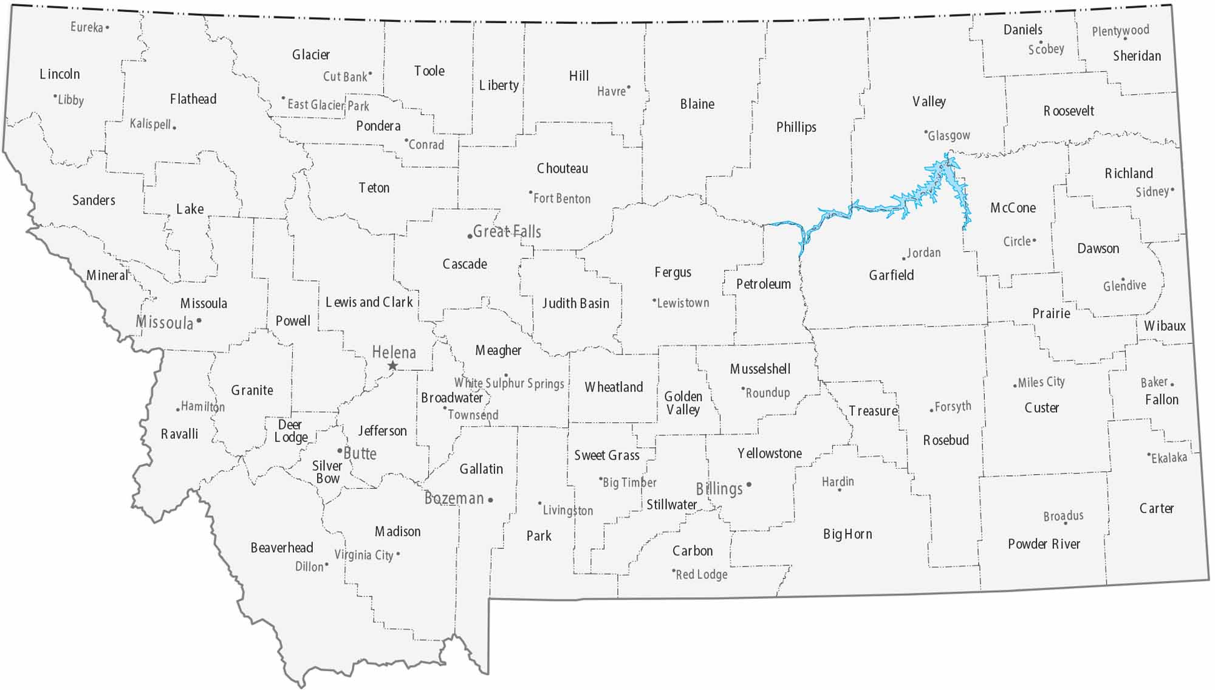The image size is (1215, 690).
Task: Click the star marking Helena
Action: point(392,365)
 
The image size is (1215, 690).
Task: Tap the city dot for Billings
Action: point(749,485)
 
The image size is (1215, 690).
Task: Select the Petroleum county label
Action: point(763,284)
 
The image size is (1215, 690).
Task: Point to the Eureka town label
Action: point(86,27)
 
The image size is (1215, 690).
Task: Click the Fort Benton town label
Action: point(562,199)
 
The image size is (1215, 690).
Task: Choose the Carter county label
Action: point(1156,508)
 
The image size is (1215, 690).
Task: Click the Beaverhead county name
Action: point(282,548)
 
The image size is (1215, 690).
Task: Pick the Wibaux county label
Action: point(1165,326)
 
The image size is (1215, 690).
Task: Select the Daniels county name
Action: point(1022,30)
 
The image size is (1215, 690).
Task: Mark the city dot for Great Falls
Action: point(470,236)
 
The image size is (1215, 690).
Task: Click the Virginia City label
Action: point(363,555)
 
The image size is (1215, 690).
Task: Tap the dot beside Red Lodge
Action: point(673,571)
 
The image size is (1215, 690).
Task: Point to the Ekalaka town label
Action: point(1169,458)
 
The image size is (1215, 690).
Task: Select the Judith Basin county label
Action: point(575,303)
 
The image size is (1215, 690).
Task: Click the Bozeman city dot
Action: point(490,500)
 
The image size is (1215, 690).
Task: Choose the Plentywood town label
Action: point(1120,30)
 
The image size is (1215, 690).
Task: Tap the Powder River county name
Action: point(1044,544)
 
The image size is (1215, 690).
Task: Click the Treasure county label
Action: point(873,411)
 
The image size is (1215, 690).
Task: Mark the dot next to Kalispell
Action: point(174,128)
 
